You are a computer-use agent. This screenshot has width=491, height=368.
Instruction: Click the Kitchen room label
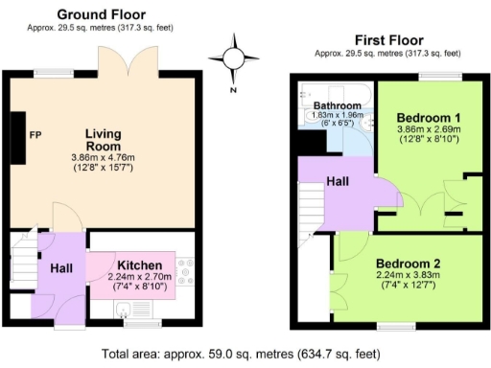coord(139,264)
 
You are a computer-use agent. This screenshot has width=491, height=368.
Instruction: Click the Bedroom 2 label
coord(408,264)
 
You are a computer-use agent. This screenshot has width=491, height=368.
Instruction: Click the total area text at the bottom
coord(245,352)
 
